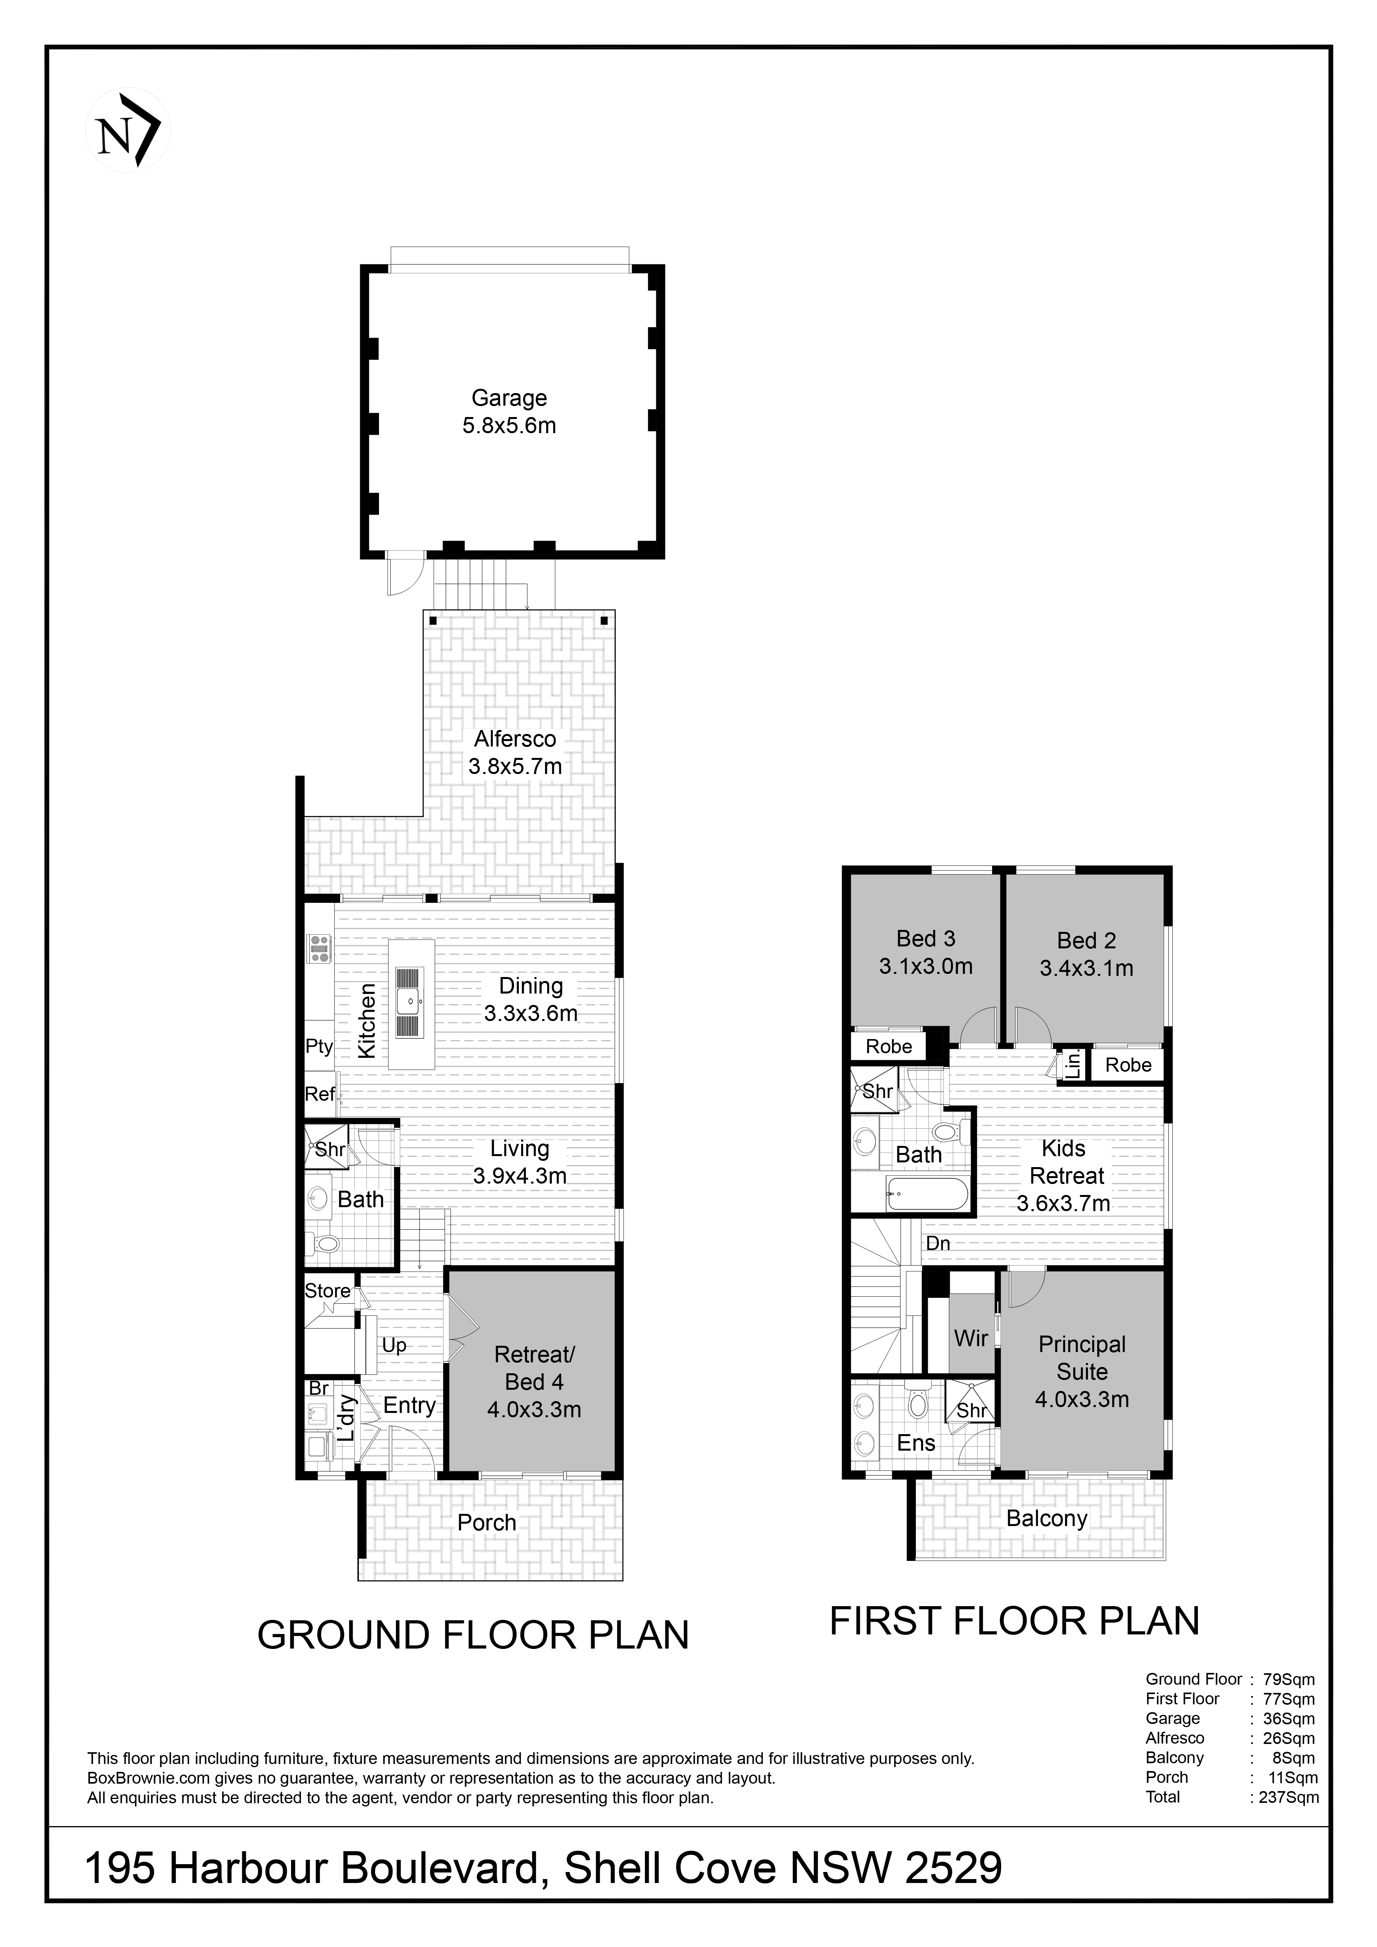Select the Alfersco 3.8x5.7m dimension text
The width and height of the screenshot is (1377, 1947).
516,767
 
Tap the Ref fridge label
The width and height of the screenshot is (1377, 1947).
320,1094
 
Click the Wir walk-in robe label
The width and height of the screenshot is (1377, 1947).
971,1338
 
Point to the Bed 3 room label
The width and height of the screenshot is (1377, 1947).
926,939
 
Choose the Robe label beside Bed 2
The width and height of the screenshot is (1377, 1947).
1128,1065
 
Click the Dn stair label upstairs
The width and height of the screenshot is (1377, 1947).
938,1243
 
